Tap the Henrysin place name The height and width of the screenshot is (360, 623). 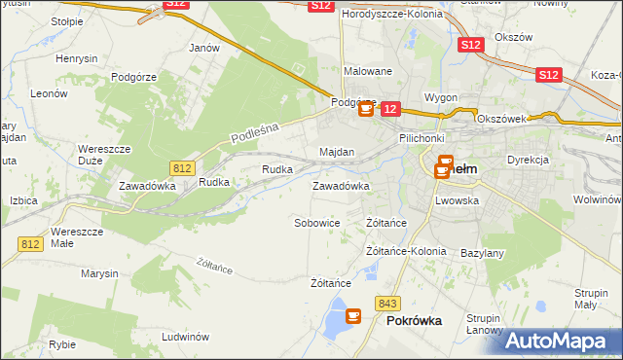(77, 58)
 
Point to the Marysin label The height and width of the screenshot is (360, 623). (99, 273)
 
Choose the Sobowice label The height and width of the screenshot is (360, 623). (317, 223)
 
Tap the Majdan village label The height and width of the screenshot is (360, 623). (337, 153)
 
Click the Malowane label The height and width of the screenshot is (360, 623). (368, 71)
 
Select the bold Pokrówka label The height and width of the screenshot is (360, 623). (415, 320)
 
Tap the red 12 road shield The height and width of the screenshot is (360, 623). (389, 110)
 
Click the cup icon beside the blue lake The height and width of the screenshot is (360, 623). (352, 316)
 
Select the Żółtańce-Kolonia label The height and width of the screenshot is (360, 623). (406, 251)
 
